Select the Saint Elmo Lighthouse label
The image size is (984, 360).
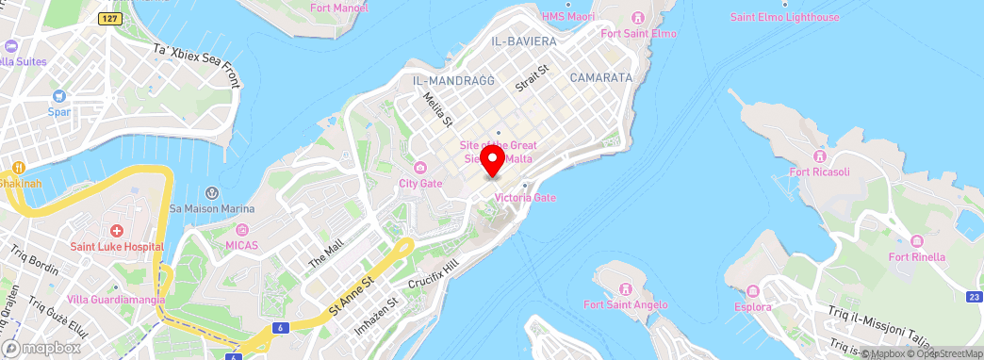point(784,17)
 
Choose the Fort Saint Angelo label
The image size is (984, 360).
point(625,304)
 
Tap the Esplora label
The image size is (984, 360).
point(753,307)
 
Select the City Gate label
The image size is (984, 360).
point(420,183)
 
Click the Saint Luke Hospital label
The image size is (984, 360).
point(117,247)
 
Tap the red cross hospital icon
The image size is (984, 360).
point(117,231)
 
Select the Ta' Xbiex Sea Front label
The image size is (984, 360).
point(197,65)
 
